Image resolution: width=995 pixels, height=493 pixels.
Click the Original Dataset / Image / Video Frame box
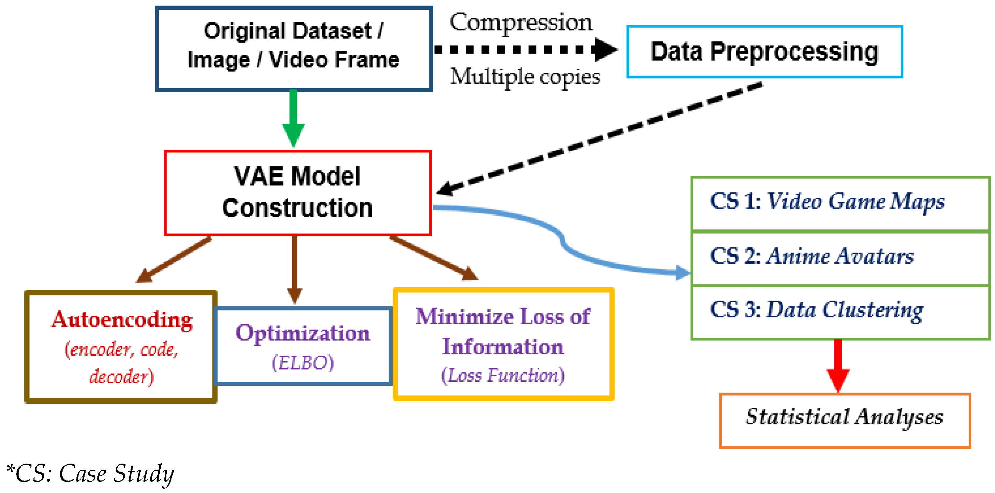[x=294, y=49]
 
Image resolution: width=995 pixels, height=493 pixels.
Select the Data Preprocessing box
[x=764, y=52]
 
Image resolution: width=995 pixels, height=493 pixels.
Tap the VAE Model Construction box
[x=297, y=193]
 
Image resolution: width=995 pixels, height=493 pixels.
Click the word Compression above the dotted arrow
[x=521, y=22]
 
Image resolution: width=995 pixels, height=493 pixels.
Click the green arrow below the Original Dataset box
[x=294, y=116]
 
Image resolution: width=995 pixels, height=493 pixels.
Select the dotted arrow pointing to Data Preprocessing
[x=525, y=49]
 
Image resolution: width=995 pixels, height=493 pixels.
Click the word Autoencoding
[x=122, y=320]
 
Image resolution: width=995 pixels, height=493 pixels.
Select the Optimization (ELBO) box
[x=303, y=346]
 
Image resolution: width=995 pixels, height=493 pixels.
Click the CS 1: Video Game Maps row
[x=840, y=203]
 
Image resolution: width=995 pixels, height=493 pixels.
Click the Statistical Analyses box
[x=844, y=420]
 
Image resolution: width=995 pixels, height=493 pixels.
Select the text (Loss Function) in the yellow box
[x=503, y=375]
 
